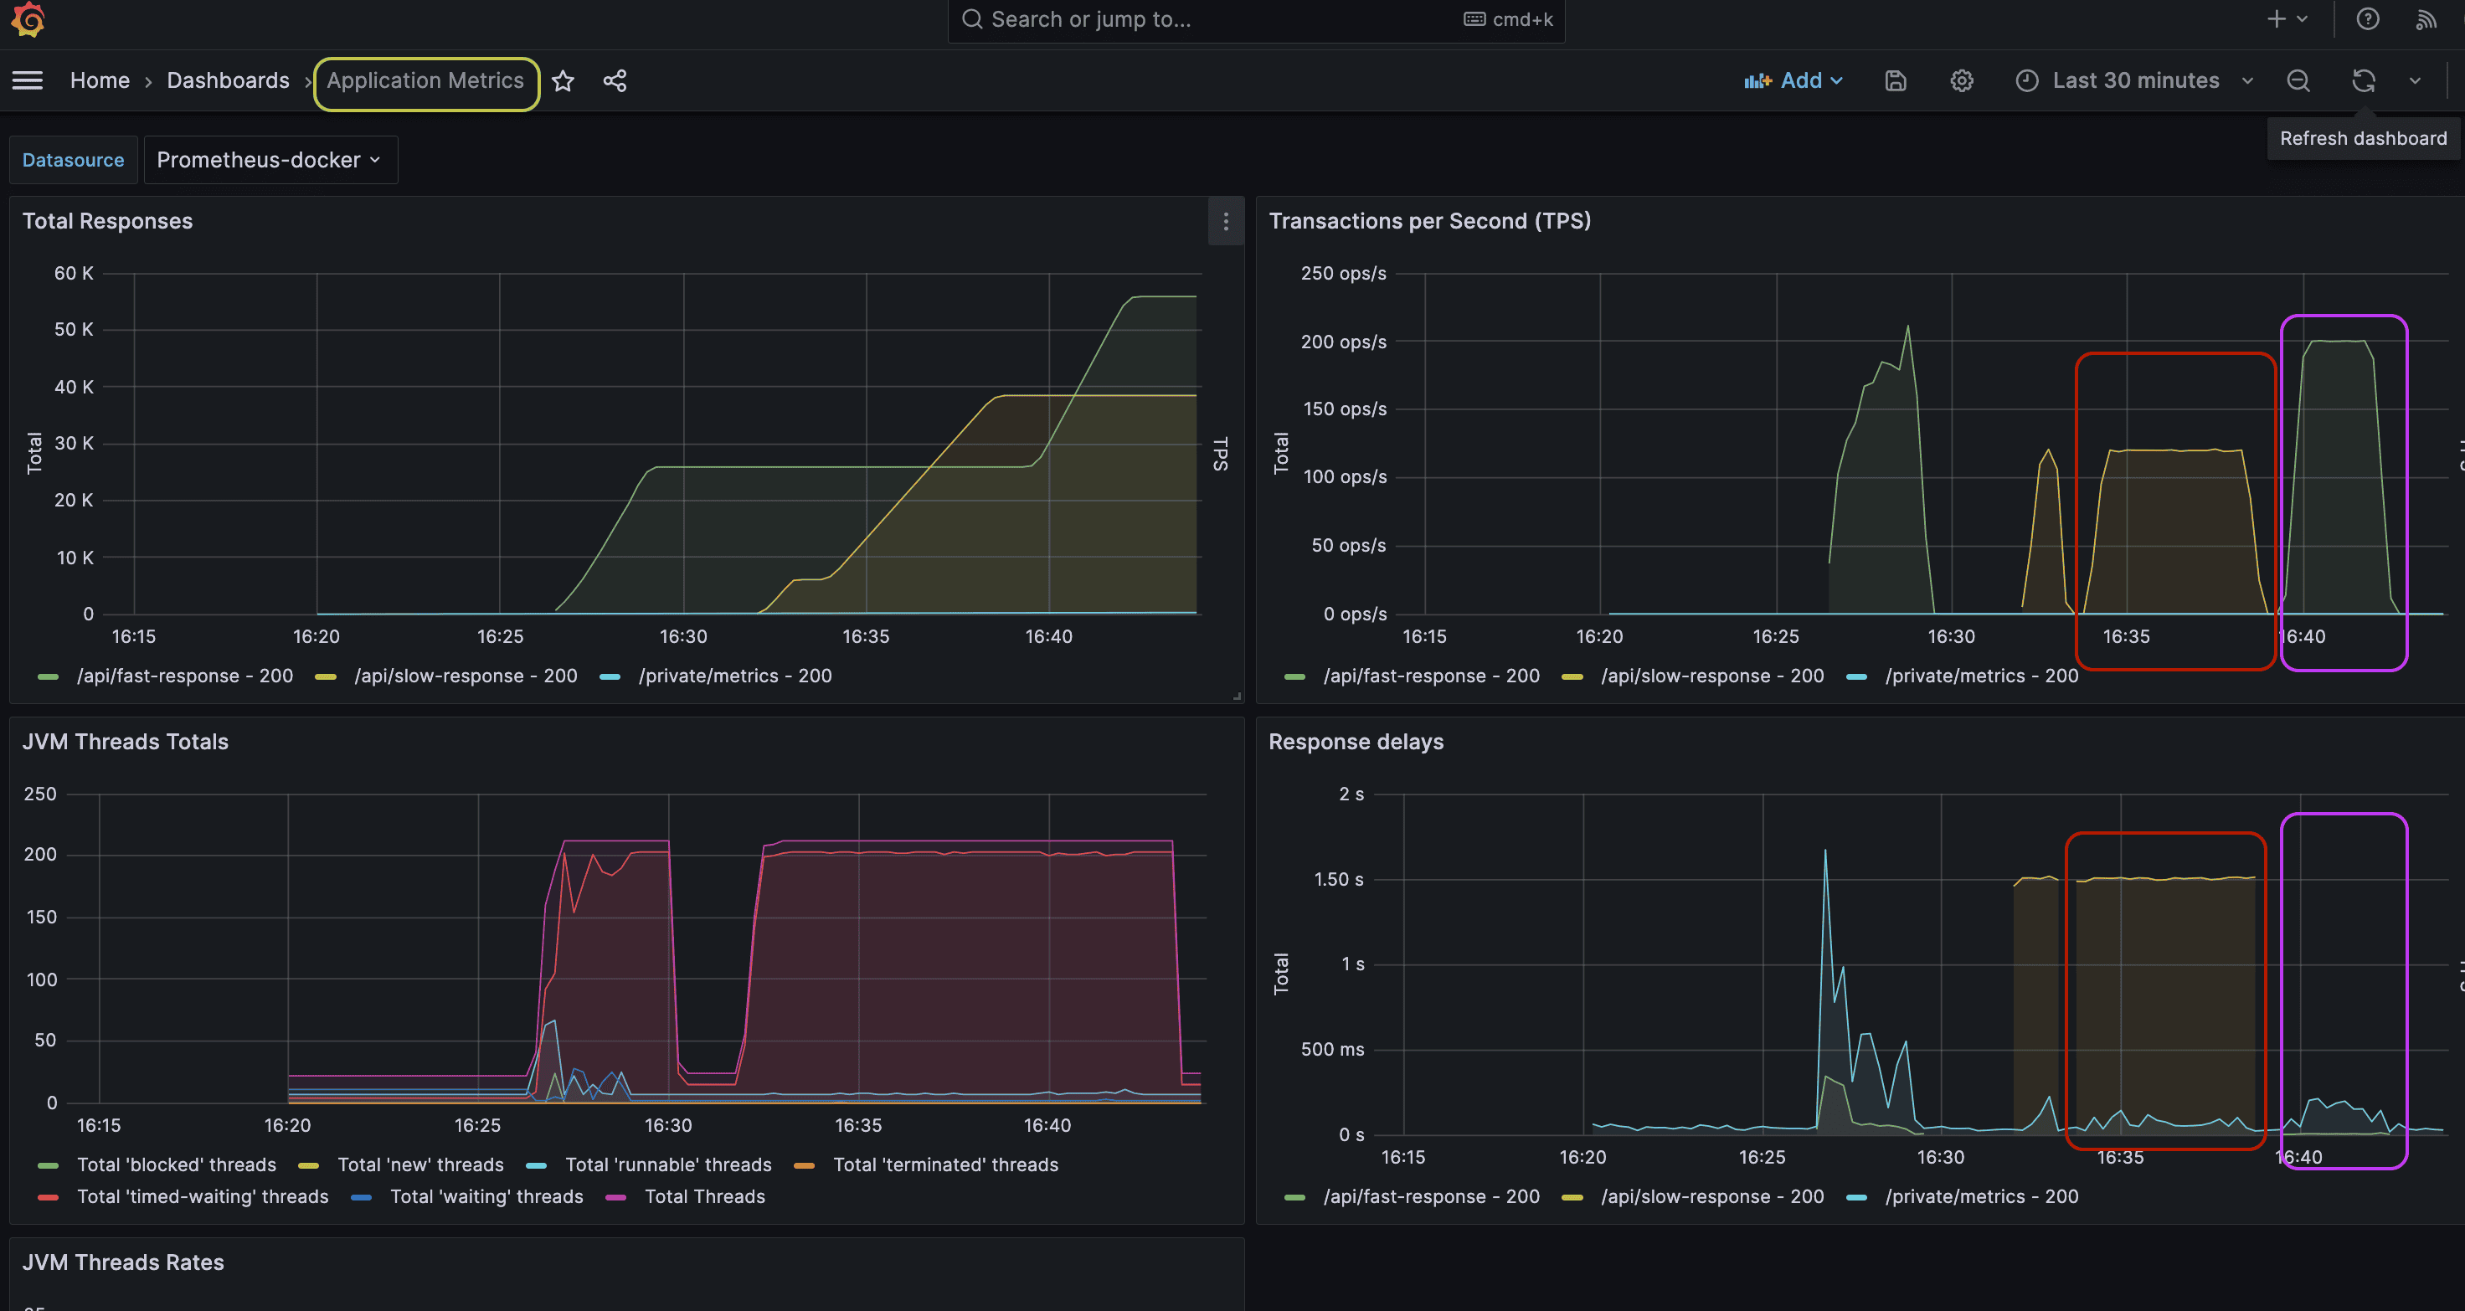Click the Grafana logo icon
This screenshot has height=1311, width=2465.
coord(28,19)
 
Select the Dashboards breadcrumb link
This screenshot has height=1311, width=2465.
coord(228,80)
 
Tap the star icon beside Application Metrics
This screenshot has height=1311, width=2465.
coord(564,81)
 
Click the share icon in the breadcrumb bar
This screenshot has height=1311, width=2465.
coord(615,81)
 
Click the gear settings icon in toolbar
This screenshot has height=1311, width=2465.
coord(1962,81)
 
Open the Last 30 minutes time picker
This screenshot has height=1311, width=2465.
coord(2134,81)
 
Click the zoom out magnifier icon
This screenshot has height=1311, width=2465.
coord(2298,81)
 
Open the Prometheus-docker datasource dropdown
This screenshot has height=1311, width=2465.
coord(269,160)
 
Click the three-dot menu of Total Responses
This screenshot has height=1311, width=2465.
coord(1226,222)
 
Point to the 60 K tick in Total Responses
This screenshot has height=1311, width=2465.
coord(74,274)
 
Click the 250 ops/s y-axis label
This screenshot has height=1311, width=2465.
coord(1342,274)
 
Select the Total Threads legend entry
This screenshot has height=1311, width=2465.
coord(704,1196)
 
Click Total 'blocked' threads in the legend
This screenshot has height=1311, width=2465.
coord(176,1164)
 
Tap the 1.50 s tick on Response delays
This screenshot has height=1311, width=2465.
coord(1338,879)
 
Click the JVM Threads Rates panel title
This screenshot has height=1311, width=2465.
coord(123,1262)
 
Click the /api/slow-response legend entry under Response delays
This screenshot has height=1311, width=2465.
coord(1711,1196)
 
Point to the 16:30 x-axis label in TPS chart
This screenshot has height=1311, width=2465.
coord(1950,636)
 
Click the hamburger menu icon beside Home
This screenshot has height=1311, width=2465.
coord(28,81)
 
